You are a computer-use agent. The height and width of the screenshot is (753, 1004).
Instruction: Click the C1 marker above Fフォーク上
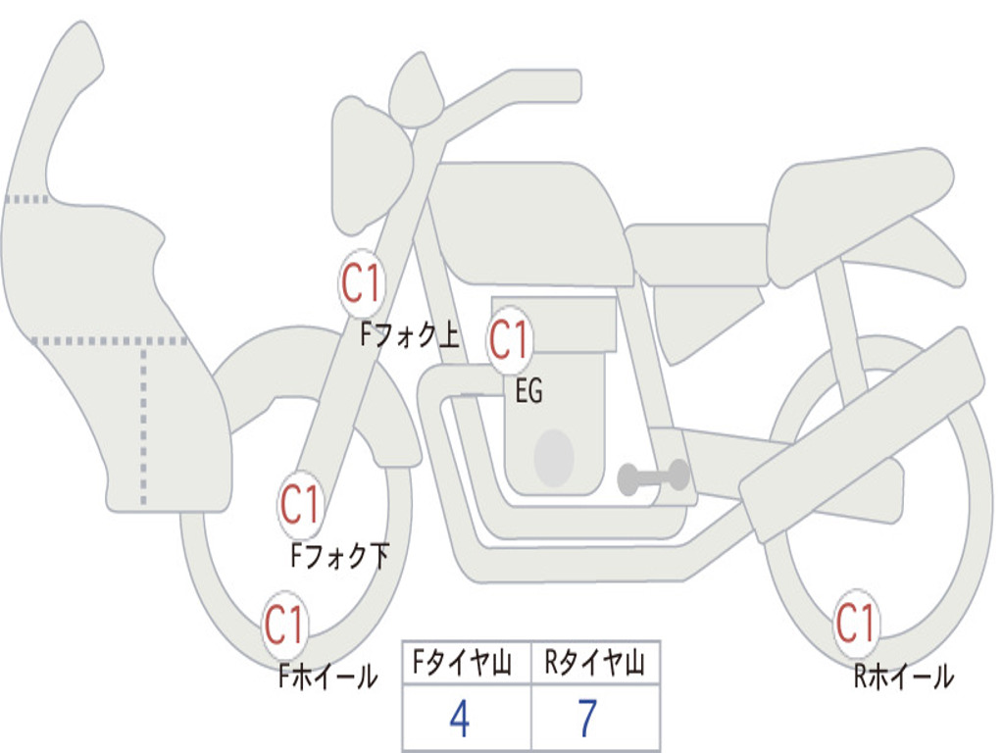pyautogui.click(x=362, y=285)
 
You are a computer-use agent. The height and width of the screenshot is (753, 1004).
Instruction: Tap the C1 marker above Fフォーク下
pyautogui.click(x=300, y=505)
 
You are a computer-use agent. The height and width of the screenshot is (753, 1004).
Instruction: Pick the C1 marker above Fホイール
pyautogui.click(x=284, y=625)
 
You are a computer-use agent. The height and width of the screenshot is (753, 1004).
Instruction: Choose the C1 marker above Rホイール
pyautogui.click(x=856, y=622)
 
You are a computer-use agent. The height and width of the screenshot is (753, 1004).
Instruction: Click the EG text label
pyautogui.click(x=528, y=392)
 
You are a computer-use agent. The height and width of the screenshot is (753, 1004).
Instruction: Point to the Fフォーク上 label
pyautogui.click(x=409, y=336)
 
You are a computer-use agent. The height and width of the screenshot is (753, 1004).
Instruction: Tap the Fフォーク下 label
pyautogui.click(x=339, y=557)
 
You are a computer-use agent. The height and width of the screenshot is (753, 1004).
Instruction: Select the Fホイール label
pyautogui.click(x=327, y=676)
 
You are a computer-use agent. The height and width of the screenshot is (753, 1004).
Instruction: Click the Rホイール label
pyautogui.click(x=903, y=676)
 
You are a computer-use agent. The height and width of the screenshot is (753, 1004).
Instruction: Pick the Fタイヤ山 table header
pyautogui.click(x=467, y=665)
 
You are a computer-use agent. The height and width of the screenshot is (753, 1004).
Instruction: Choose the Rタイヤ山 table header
pyautogui.click(x=594, y=665)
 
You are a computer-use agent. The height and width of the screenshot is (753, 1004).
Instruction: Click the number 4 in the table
pyautogui.click(x=460, y=720)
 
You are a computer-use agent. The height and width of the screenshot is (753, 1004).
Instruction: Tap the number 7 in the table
pyautogui.click(x=587, y=720)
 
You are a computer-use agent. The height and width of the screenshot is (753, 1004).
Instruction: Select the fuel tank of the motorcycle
pyautogui.click(x=529, y=221)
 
